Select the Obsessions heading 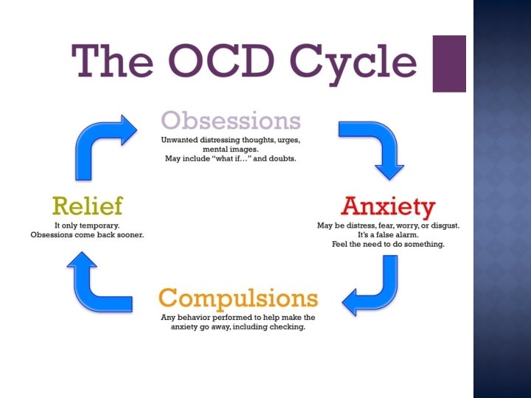[232, 120]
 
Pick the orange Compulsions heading [238, 298]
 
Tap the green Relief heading [87, 206]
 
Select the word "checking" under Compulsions [287, 327]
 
